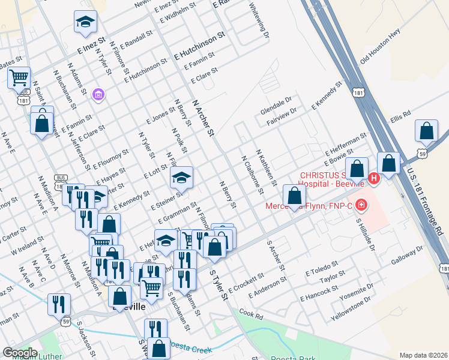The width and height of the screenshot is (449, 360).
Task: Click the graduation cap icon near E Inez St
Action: point(86,22)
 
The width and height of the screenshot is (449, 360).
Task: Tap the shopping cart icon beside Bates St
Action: point(19,77)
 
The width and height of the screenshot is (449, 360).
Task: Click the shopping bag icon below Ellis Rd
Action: point(426,130)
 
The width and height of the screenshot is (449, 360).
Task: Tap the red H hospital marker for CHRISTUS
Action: point(374,178)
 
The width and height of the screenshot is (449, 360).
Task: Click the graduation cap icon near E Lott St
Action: point(181,177)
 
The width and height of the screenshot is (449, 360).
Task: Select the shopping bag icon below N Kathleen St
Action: point(294,195)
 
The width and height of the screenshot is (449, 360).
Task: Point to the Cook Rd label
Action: point(251,313)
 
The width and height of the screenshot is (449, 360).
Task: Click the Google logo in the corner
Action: point(20,353)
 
